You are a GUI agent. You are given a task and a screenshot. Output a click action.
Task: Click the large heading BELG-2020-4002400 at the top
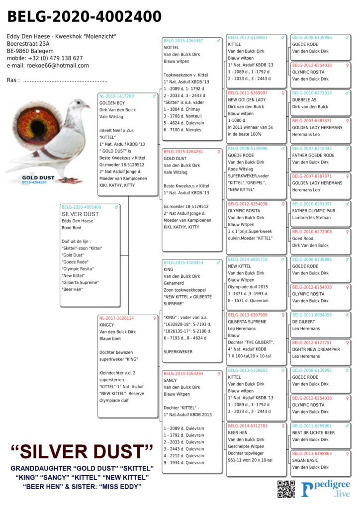84,17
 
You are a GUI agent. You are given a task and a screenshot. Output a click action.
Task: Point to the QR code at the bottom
286,489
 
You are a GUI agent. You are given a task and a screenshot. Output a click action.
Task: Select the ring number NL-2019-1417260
116,96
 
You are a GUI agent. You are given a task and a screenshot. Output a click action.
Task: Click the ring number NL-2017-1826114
116,318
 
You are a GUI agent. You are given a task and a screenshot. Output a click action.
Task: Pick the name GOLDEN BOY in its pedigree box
112,103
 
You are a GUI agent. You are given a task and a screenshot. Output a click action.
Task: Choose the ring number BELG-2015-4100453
183,262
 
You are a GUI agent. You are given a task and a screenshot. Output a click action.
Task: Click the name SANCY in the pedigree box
170,380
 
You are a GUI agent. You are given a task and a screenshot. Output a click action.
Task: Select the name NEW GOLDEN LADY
247,100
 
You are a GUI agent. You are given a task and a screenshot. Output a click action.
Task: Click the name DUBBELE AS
304,100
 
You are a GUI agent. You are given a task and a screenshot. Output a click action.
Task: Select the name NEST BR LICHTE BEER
313,432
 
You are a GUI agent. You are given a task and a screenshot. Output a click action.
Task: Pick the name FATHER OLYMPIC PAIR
314,211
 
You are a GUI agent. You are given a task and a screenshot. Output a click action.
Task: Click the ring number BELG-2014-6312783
248,426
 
